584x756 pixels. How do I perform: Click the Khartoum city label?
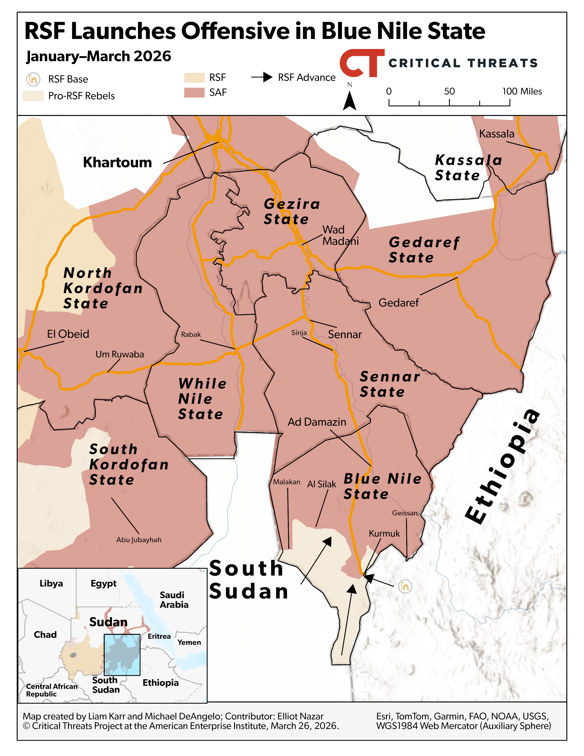(x=117, y=162)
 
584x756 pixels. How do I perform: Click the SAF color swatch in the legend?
(x=194, y=92)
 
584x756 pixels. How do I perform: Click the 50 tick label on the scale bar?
(x=449, y=91)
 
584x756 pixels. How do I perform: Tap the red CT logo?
(x=362, y=63)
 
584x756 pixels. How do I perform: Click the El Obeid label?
(x=68, y=334)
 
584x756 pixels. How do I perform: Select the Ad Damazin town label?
(x=317, y=422)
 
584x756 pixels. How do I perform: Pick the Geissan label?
(x=404, y=513)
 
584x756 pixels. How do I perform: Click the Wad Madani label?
(x=340, y=235)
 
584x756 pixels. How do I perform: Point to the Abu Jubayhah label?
(x=139, y=540)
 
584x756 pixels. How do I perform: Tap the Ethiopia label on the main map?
(x=502, y=466)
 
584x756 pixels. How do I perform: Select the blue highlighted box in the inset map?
(x=122, y=655)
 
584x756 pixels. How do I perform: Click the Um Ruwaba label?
(x=120, y=354)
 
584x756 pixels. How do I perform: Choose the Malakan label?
(x=287, y=482)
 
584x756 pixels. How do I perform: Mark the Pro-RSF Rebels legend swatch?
(x=33, y=96)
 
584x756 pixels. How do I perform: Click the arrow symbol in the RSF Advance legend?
(x=262, y=77)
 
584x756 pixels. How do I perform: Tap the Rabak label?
(x=191, y=334)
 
